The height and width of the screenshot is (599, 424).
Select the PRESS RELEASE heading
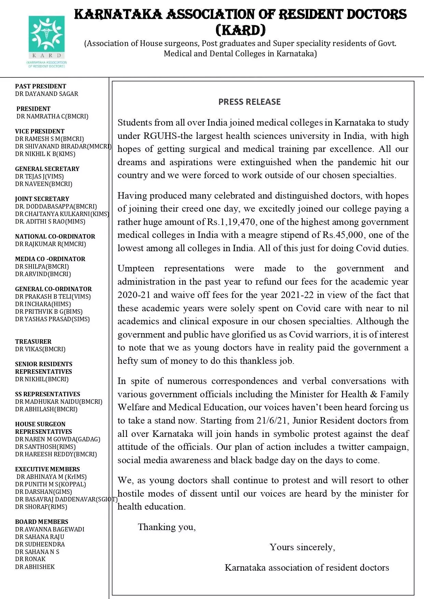pyautogui.click(x=249, y=102)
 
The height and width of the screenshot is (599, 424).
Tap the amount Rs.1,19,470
pyautogui.click(x=231, y=222)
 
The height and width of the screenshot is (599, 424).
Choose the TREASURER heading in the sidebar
pyautogui.click(x=33, y=342)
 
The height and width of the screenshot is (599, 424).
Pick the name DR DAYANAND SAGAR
pyautogui.click(x=46, y=94)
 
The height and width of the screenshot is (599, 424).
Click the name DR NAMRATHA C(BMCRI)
pyautogui.click(x=52, y=116)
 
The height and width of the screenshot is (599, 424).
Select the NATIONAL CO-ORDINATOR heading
pyautogui.click(x=55, y=237)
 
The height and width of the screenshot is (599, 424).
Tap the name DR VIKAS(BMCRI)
pyautogui.click(x=40, y=349)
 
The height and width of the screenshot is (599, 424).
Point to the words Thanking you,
pyautogui.click(x=167, y=527)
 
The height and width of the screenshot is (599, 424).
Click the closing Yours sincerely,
pyautogui.click(x=302, y=547)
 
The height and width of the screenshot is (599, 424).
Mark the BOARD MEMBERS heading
pyautogui.click(x=42, y=522)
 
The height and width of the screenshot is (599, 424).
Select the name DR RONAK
pyautogui.click(x=30, y=559)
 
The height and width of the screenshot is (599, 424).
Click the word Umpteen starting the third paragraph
pyautogui.click(x=136, y=269)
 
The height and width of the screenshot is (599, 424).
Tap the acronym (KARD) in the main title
pyautogui.click(x=241, y=30)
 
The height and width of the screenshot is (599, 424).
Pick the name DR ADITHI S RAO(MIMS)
pyautogui.click(x=50, y=222)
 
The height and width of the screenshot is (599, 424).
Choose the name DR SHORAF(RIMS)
pyautogui.click(x=41, y=507)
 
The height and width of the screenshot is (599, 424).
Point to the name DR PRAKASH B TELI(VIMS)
pyautogui.click(x=53, y=297)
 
